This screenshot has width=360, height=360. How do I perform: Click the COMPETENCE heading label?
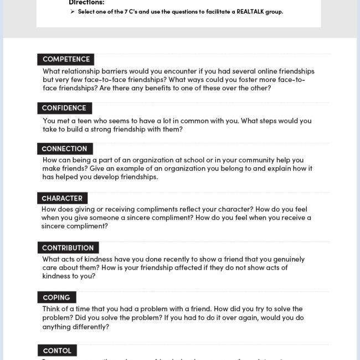66,59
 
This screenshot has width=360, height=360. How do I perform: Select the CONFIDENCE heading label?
64,108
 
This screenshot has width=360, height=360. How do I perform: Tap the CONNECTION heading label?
64,148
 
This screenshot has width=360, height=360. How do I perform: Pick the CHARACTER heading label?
62,198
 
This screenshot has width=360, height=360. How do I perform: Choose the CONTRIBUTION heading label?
68,248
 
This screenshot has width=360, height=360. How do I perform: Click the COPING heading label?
56,297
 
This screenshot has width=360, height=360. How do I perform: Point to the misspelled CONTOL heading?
57,351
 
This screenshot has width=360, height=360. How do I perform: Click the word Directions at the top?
86,3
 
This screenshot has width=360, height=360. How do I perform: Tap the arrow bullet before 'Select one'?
73,12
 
